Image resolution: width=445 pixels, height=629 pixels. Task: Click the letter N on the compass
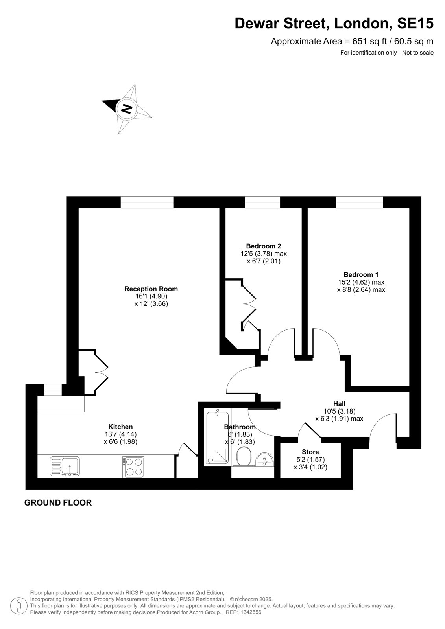point(127,109)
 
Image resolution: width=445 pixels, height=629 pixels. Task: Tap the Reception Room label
point(151,289)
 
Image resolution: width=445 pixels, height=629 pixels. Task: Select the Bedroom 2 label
point(263,246)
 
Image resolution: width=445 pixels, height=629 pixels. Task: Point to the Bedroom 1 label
point(361,275)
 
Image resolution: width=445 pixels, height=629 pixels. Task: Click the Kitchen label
point(120,427)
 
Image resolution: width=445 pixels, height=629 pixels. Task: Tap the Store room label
point(310,452)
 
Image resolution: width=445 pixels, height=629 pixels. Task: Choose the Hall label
point(339,404)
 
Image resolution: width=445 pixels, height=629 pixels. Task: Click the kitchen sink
point(65,466)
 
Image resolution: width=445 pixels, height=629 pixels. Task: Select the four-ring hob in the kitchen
point(133,467)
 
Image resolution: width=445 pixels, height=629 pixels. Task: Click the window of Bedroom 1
point(359,202)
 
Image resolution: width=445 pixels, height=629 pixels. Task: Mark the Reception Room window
point(147,202)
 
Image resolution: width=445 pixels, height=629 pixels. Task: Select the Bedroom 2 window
point(262,202)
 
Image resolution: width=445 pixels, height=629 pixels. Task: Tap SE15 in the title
point(415,23)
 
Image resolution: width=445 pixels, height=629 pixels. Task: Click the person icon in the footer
point(19,606)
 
